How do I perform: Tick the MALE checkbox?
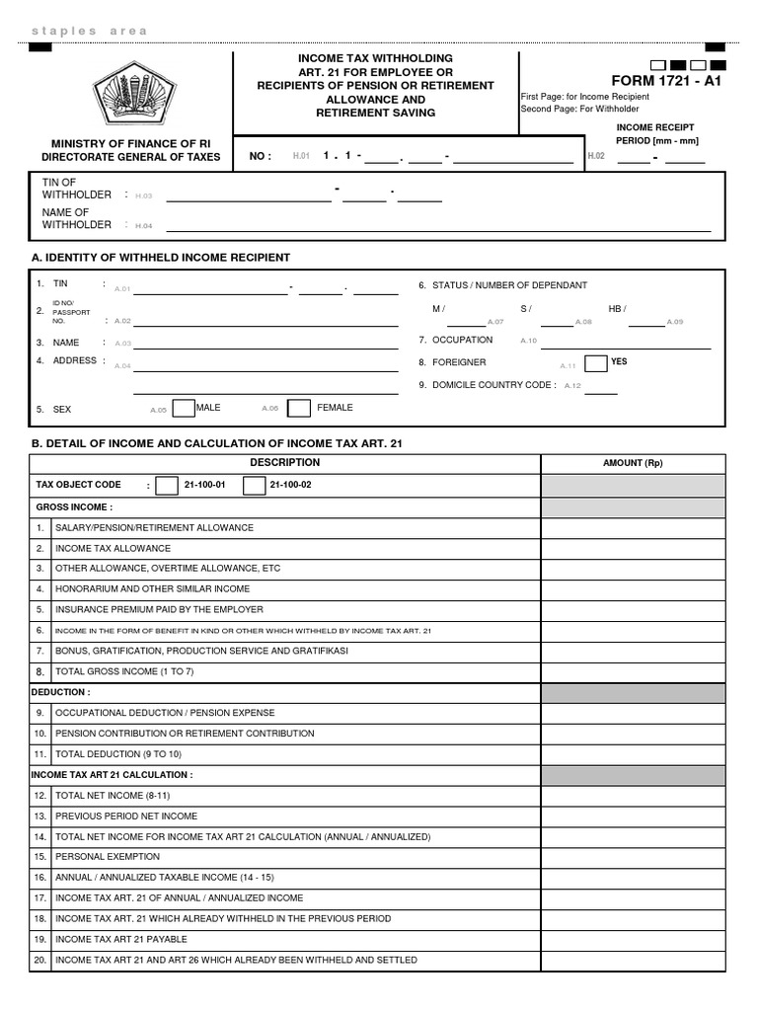pyautogui.click(x=184, y=408)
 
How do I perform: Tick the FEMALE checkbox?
pyautogui.click(x=299, y=408)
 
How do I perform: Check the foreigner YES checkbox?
pyautogui.click(x=595, y=362)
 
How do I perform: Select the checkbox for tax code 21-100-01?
pyautogui.click(x=167, y=485)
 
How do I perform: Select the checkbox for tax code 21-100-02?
pyautogui.click(x=254, y=485)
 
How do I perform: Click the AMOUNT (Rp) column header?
pyautogui.click(x=633, y=463)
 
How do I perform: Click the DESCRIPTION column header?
pyautogui.click(x=284, y=463)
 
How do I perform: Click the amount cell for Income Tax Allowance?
pyautogui.click(x=633, y=548)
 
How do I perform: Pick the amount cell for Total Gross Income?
pyautogui.click(x=633, y=671)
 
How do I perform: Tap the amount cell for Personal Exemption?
pyautogui.click(x=633, y=857)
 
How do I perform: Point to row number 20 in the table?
pyautogui.click(x=40, y=960)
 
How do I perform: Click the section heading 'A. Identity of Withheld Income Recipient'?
pyautogui.click(x=161, y=258)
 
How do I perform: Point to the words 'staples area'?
pyautogui.click(x=89, y=31)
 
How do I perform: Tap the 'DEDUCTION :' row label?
pyautogui.click(x=60, y=692)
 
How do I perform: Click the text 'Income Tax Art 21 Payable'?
pyautogui.click(x=121, y=939)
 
